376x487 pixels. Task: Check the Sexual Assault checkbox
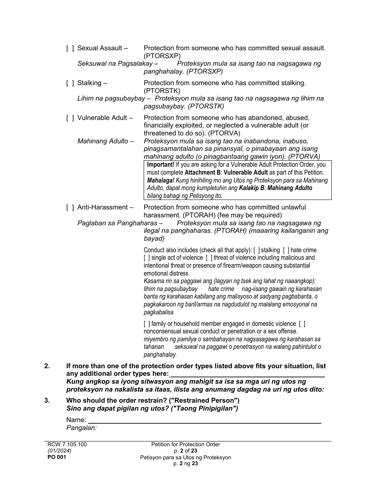click(70, 48)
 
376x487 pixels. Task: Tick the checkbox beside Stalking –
click(70, 83)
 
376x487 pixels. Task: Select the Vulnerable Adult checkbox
click(70, 118)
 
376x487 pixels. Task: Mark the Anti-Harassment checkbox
click(70, 207)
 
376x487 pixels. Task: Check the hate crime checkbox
click(286, 250)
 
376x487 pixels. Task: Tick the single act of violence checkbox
click(147, 258)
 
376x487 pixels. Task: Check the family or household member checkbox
click(147, 324)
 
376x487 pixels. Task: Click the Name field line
click(204, 420)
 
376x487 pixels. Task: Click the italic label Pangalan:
click(82, 428)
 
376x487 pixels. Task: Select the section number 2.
click(47, 366)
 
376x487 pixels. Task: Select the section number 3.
click(47, 400)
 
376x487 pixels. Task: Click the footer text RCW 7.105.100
click(67, 445)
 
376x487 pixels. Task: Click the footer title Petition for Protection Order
click(185, 445)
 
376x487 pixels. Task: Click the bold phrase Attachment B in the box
click(202, 173)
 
